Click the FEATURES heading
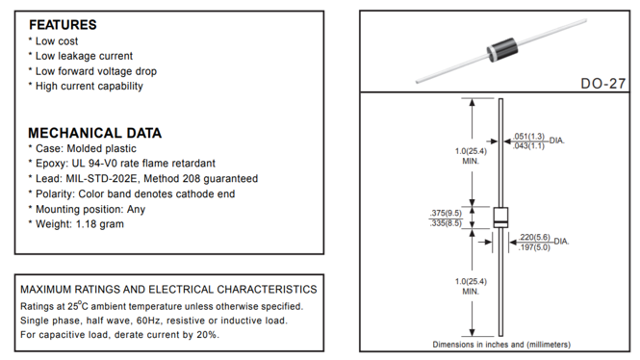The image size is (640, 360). click(x=63, y=25)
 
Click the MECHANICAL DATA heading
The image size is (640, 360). click(x=94, y=133)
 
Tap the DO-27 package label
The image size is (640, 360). click(x=602, y=84)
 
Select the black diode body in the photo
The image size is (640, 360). click(x=502, y=50)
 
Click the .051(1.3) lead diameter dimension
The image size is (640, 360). click(x=528, y=136)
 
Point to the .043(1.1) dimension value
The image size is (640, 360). click(x=528, y=145)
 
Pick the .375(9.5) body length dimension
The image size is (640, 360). click(x=446, y=213)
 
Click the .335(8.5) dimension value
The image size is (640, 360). click(x=446, y=223)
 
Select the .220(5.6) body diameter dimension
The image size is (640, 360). click(x=534, y=238)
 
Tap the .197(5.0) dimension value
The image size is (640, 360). click(x=534, y=247)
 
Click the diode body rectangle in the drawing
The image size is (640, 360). click(x=500, y=218)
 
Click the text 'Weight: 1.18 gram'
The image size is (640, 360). click(x=80, y=224)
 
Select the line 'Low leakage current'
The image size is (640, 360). click(x=84, y=56)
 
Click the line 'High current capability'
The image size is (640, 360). click(x=89, y=86)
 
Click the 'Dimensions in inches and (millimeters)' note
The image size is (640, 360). click(x=501, y=345)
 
